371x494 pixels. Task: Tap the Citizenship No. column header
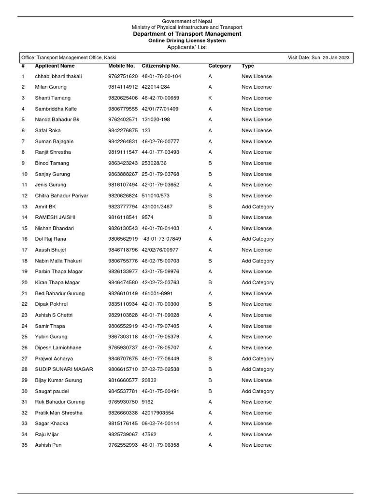click(x=160, y=66)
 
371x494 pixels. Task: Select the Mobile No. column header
click(x=121, y=66)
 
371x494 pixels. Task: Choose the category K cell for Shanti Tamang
click(x=210, y=98)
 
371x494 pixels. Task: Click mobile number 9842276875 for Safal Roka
click(x=123, y=130)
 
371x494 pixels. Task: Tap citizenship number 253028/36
click(x=154, y=163)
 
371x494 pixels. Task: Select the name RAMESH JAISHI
click(x=55, y=217)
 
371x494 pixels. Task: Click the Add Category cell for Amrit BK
click(x=257, y=206)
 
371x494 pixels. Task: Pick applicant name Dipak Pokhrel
click(x=51, y=304)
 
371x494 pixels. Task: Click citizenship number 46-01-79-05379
click(x=160, y=337)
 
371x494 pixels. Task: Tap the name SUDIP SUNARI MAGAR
click(x=64, y=369)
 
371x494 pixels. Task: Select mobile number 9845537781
click(x=123, y=391)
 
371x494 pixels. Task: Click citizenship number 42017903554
click(x=157, y=413)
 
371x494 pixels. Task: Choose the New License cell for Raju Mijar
click(x=257, y=434)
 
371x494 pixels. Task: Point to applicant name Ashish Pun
click(x=48, y=445)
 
